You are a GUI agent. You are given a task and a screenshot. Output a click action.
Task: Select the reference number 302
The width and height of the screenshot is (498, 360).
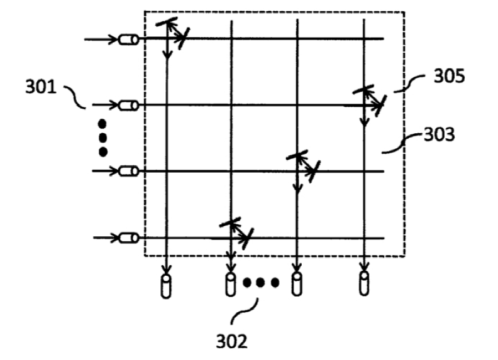pos(231,341)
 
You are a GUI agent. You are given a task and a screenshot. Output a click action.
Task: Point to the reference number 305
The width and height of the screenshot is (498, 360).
pos(449,77)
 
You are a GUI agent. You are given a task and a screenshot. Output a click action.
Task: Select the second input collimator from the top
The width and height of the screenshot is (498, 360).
pos(129,105)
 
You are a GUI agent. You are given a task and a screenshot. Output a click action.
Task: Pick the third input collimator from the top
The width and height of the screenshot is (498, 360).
pos(128,171)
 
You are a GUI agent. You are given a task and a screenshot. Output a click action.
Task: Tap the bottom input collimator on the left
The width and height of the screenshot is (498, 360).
pos(128,237)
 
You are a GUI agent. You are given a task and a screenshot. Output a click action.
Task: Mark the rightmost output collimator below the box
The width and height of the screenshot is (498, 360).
pos(363,285)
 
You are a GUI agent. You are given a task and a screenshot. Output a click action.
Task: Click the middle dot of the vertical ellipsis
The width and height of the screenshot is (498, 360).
pos(103,138)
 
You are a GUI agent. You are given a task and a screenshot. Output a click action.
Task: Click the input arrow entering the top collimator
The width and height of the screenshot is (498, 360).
pos(101,40)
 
